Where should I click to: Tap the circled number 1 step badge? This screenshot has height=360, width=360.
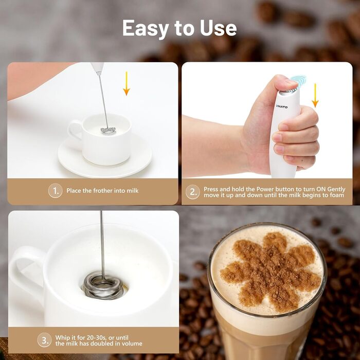(56, 191)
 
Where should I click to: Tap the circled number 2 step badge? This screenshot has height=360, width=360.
(193, 192)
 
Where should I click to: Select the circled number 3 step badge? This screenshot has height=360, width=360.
(45, 340)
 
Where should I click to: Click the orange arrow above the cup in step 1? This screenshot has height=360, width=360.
(127, 83)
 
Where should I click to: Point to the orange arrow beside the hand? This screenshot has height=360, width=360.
(315, 95)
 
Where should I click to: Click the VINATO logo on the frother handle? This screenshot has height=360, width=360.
(282, 107)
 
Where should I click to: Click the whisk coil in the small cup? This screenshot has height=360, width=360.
(109, 131)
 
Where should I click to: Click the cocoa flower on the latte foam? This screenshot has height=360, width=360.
(270, 272)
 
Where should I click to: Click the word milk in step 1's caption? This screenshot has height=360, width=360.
(133, 191)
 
